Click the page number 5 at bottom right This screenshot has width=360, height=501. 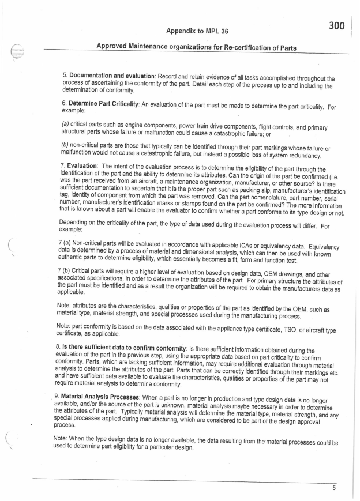point(333,487)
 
